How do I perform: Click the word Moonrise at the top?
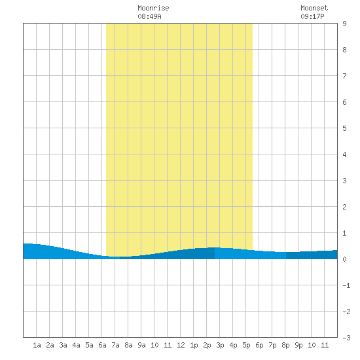point(153,8)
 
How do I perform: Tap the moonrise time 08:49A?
point(149,16)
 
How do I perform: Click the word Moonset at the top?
point(314,8)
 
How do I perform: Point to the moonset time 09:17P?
point(312,16)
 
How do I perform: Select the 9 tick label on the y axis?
point(344,24)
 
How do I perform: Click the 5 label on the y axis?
point(344,128)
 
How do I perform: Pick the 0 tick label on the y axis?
point(344,259)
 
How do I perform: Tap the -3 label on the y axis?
point(346,338)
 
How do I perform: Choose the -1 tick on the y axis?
point(346,285)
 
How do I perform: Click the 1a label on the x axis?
point(37,345)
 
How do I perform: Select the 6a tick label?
point(102,345)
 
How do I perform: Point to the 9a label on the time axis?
point(141,345)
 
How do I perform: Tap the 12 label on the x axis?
point(181,345)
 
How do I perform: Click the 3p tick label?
point(220,345)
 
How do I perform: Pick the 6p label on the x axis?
point(259,345)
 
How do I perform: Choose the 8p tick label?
point(285,345)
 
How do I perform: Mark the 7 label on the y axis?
point(344,76)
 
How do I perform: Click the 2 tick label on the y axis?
point(344,207)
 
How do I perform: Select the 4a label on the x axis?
point(76,345)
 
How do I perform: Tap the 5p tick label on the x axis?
point(246,345)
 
